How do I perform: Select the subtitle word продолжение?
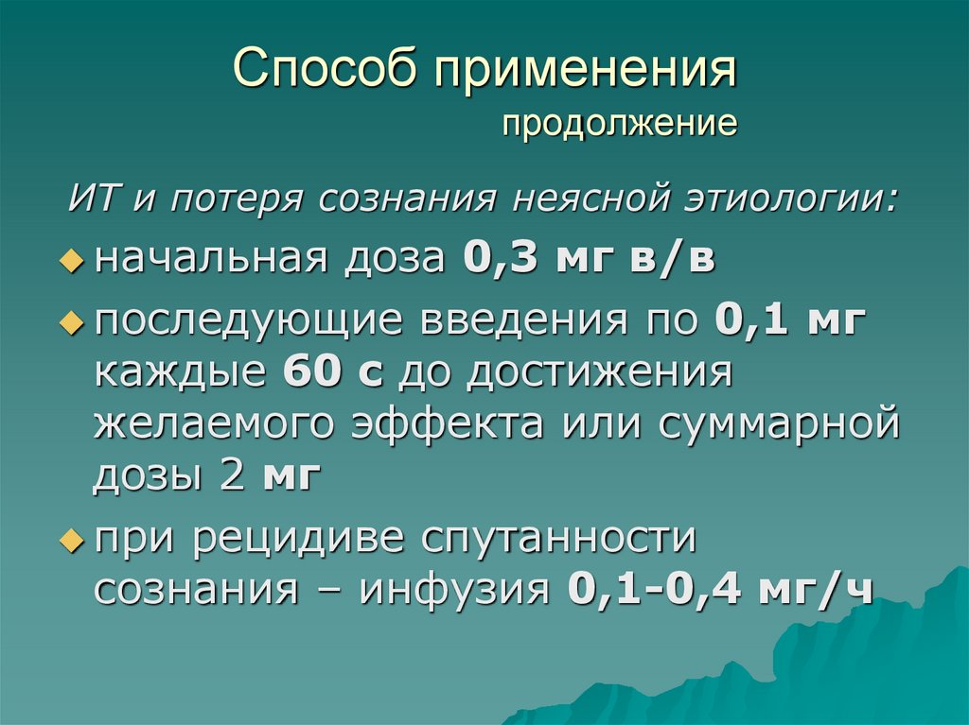click(x=620, y=124)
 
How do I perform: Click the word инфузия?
click(x=454, y=590)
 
